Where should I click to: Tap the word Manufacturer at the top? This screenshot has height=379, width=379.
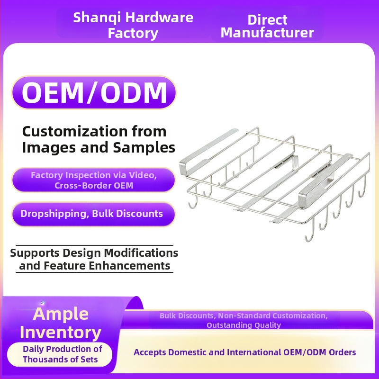[x=267, y=33]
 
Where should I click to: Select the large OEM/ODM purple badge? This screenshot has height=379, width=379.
[x=94, y=92]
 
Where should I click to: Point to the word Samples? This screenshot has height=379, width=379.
[x=144, y=148]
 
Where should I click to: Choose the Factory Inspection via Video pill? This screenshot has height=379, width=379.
[x=93, y=180]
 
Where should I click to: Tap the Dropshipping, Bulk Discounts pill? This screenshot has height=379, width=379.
[x=93, y=214]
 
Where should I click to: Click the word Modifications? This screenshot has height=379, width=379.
[x=141, y=253]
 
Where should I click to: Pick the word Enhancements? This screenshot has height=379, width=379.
[x=129, y=266]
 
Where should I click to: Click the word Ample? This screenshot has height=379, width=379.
[x=61, y=314]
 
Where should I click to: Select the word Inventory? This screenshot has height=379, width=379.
[x=61, y=333]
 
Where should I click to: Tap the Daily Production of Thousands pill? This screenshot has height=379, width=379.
[x=60, y=354]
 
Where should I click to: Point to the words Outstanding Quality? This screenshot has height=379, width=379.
[x=244, y=325]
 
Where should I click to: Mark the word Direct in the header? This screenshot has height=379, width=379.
[x=267, y=20]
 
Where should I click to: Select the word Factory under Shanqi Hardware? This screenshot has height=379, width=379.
[x=133, y=33]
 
